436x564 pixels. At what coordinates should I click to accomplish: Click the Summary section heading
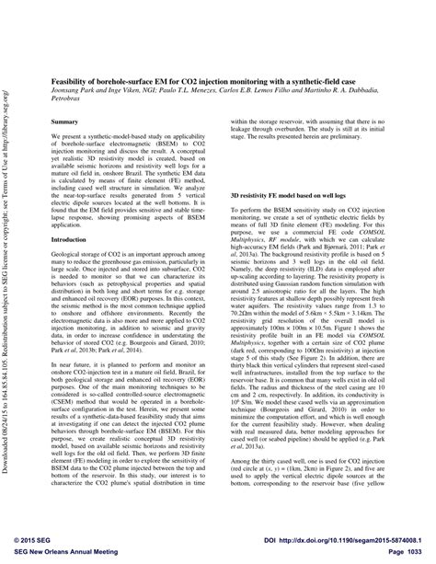pyautogui.click(x=64, y=121)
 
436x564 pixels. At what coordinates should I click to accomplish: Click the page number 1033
pyautogui.click(x=409, y=548)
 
